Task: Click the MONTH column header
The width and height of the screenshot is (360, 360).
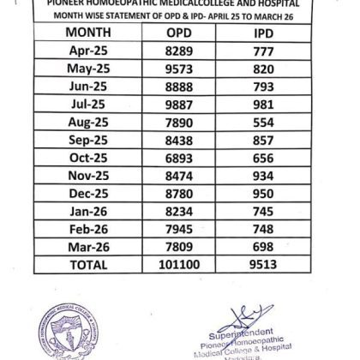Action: tap(87, 33)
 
